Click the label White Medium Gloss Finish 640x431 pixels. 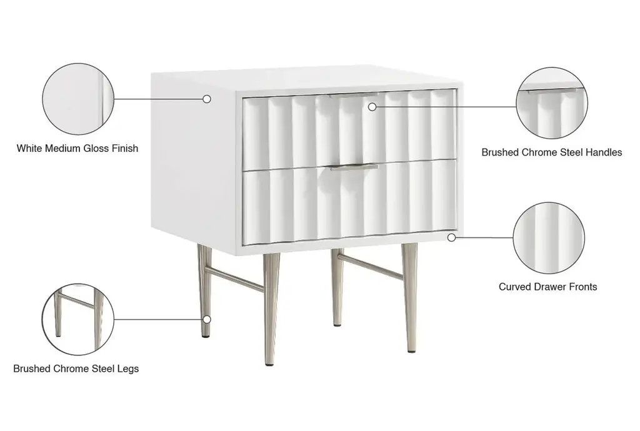(x=77, y=149)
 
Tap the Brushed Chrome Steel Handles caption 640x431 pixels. (x=552, y=152)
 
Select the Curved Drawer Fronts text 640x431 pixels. (x=547, y=287)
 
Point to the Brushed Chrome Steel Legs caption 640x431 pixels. (x=76, y=369)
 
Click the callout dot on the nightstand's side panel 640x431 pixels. (x=207, y=99)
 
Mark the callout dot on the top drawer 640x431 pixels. (x=372, y=107)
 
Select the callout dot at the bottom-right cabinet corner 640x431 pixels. (x=451, y=237)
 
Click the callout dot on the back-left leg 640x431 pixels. (x=207, y=319)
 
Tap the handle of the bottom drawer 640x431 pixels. (x=354, y=166)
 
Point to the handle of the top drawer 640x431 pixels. (x=354, y=96)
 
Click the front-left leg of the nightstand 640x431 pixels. (x=271, y=309)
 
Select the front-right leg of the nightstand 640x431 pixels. (x=409, y=298)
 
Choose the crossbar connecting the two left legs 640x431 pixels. (x=234, y=279)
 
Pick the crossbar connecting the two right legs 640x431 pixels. (x=370, y=267)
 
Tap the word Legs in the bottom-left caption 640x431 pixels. (x=127, y=369)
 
